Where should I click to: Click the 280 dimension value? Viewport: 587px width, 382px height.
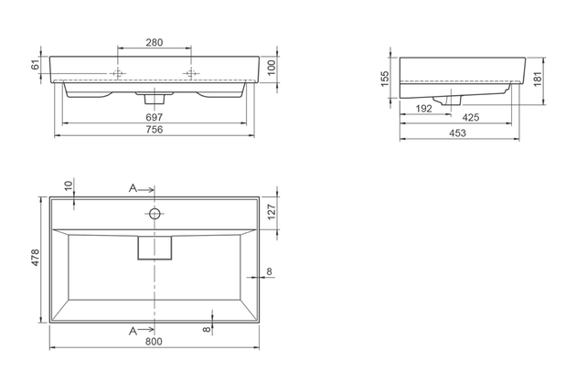[x=155, y=43]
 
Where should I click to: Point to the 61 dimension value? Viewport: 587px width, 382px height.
[x=37, y=66]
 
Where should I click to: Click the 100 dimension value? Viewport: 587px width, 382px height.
[x=272, y=69]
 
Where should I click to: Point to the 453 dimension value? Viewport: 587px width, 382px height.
[x=459, y=134]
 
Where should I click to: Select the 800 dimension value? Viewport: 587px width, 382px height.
[x=154, y=342]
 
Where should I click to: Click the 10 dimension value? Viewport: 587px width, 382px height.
[x=69, y=186]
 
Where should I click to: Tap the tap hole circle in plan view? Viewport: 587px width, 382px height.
[x=155, y=215]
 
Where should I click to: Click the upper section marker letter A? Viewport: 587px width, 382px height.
[x=133, y=188]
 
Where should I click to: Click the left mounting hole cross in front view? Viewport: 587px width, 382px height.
[x=117, y=72]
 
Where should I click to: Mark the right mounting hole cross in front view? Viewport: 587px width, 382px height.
[x=191, y=72]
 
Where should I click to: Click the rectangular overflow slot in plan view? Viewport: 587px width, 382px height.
[x=155, y=247]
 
